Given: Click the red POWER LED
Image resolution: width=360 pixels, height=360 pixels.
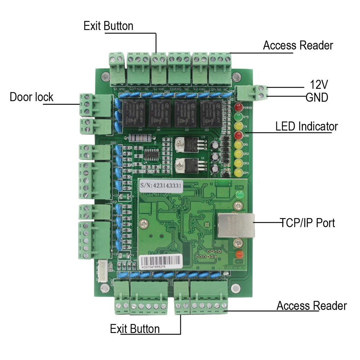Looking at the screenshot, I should [238, 107].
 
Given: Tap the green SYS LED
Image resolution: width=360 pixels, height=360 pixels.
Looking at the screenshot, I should [238, 117].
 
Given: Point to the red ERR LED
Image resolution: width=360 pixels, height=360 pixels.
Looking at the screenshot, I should [238, 135].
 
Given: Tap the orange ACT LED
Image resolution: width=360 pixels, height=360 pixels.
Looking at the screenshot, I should [238, 253].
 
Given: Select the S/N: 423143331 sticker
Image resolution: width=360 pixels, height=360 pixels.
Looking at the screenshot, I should [161, 185].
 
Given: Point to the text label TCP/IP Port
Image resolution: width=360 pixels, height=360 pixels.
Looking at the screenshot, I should [307, 223].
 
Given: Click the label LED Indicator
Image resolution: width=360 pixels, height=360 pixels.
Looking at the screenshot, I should [306, 127].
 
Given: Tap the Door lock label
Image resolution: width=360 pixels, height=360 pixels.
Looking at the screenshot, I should [31, 97].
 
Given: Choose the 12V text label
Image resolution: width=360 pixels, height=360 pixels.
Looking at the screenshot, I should [319, 85].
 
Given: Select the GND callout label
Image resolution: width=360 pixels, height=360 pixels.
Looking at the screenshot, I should [317, 97].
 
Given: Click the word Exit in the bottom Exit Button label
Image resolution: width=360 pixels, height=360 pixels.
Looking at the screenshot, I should [119, 329].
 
